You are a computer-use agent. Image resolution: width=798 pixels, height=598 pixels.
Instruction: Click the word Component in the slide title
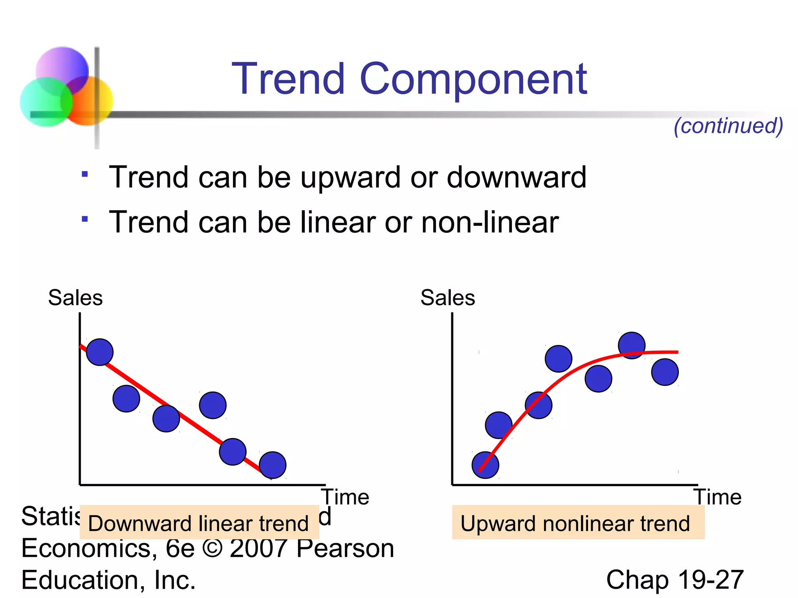(x=473, y=80)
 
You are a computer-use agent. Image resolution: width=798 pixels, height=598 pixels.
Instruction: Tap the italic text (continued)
(x=728, y=126)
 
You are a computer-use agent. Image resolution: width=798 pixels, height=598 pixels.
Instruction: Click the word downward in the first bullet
(x=516, y=178)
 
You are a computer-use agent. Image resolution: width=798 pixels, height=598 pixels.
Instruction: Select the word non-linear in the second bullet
(x=490, y=222)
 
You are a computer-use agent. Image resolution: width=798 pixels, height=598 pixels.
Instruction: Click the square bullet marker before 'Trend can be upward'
(x=85, y=174)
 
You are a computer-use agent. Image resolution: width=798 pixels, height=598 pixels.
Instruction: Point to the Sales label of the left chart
(x=75, y=298)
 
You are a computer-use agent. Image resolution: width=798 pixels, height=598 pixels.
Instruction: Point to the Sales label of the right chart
(x=448, y=298)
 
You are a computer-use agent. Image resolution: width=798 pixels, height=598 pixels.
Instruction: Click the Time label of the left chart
(x=345, y=497)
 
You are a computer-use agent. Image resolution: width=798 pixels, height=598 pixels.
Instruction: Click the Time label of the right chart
(x=717, y=497)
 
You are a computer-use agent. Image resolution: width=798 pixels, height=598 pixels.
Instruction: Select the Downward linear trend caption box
(x=199, y=522)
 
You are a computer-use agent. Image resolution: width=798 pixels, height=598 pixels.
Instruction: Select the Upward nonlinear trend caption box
(x=578, y=522)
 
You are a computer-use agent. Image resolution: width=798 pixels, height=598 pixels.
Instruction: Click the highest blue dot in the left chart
(x=100, y=352)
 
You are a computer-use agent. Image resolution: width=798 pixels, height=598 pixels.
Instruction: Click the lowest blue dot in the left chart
(x=272, y=465)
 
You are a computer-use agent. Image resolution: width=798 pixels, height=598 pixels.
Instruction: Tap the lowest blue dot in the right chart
(x=485, y=465)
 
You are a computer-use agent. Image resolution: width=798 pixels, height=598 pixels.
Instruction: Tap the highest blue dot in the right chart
(x=632, y=345)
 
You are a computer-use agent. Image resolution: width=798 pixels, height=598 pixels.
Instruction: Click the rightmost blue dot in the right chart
(x=665, y=372)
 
